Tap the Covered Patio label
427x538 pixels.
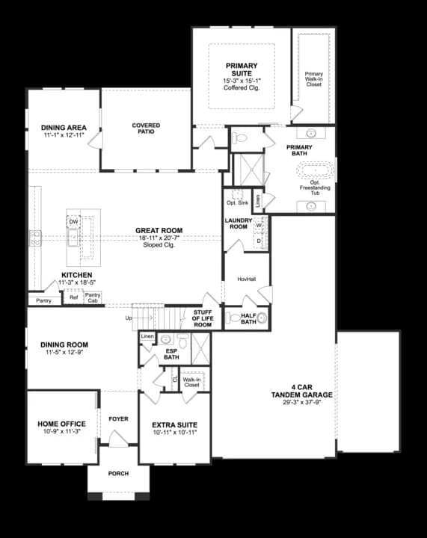147,129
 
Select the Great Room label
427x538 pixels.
159,230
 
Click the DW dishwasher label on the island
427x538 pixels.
73,222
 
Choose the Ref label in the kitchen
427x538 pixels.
73,297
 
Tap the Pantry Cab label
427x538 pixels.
93,297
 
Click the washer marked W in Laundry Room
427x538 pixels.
259,225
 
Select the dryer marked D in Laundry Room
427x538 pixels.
259,241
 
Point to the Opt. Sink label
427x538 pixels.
237,202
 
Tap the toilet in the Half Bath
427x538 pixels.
261,318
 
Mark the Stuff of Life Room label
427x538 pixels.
203,318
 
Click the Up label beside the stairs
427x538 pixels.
129,318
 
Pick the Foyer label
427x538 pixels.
119,419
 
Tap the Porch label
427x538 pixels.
118,473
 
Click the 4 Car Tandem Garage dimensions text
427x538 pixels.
301,401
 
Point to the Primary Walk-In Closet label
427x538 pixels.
313,78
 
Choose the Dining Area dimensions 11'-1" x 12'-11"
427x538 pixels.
64,136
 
